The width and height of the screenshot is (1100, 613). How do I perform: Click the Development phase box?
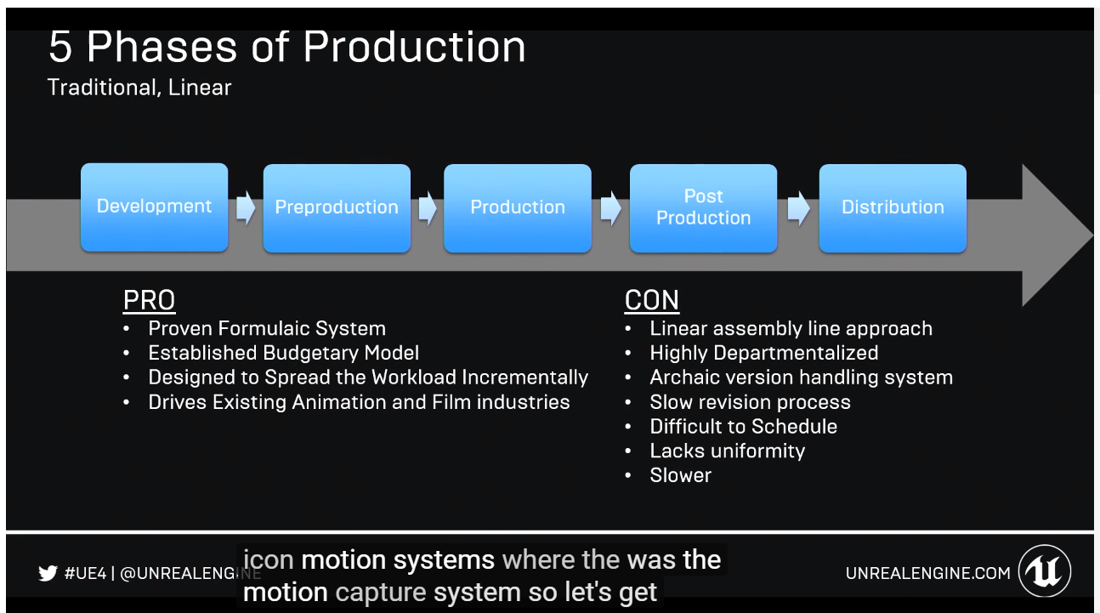pyautogui.click(x=154, y=207)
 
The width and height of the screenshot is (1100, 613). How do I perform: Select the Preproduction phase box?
pyautogui.click(x=337, y=208)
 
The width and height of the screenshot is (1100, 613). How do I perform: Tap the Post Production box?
pyautogui.click(x=703, y=208)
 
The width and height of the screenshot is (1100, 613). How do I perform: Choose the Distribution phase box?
pyautogui.click(x=893, y=208)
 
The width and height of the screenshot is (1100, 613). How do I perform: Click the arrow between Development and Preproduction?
pyautogui.click(x=246, y=208)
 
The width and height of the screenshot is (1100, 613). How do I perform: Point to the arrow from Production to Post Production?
pyautogui.click(x=611, y=208)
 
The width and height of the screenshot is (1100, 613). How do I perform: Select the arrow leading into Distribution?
pyautogui.click(x=798, y=208)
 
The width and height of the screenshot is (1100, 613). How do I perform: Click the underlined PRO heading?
pyautogui.click(x=149, y=300)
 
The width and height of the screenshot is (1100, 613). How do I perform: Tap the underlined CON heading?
pyautogui.click(x=652, y=300)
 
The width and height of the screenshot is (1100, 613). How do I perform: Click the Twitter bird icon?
pyautogui.click(x=48, y=573)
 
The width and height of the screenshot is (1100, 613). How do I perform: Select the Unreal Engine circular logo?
pyautogui.click(x=1045, y=570)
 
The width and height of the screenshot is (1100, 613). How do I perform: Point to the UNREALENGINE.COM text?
pyautogui.click(x=928, y=573)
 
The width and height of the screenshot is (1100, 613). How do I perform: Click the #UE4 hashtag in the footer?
pyautogui.click(x=86, y=573)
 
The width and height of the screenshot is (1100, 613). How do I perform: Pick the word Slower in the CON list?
pyautogui.click(x=681, y=475)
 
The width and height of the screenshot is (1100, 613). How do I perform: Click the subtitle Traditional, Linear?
pyautogui.click(x=139, y=88)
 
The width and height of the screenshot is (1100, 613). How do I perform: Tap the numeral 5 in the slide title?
pyautogui.click(x=60, y=47)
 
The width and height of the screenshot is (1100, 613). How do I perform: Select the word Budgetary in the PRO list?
pyautogui.click(x=310, y=353)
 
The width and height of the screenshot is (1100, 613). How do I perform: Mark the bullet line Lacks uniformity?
pyautogui.click(x=728, y=451)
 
